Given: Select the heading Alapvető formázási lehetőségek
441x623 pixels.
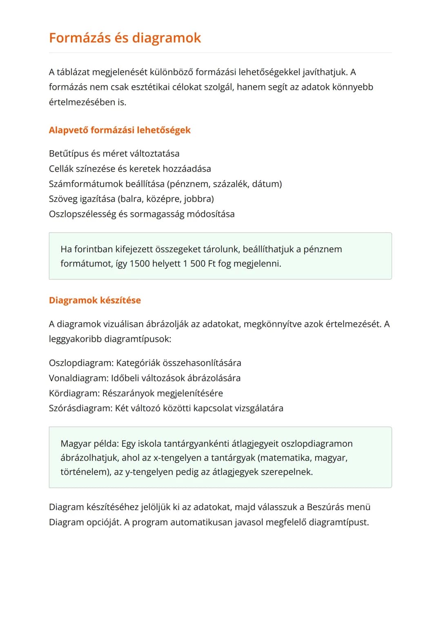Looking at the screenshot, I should tap(120, 130).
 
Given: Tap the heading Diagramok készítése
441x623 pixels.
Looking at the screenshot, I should tap(95, 300).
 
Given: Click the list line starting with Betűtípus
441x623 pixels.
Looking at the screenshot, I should tap(114, 154).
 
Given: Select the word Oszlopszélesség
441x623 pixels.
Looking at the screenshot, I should tap(82, 214).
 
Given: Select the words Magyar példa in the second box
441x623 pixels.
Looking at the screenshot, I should tap(89, 443).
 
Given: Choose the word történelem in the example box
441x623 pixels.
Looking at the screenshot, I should tap(84, 472).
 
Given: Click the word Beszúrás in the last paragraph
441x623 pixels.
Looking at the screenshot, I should tap(326, 507).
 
